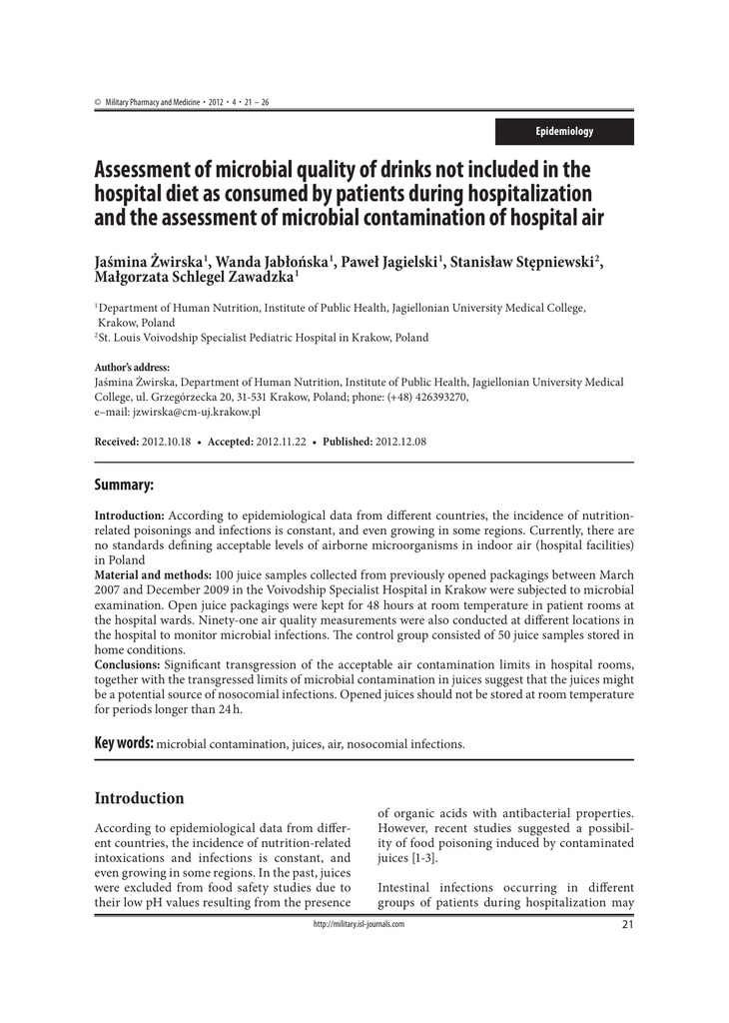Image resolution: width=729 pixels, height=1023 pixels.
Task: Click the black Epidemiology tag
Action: (564, 132)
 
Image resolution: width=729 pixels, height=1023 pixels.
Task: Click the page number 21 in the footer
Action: (627, 924)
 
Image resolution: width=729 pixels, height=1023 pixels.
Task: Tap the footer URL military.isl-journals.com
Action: (359, 924)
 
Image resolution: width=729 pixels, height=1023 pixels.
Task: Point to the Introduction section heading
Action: (139, 798)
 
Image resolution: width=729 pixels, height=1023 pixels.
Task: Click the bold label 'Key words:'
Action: (125, 743)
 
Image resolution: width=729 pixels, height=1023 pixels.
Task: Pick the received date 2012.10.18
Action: (166, 442)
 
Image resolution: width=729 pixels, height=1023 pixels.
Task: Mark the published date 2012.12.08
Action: (400, 442)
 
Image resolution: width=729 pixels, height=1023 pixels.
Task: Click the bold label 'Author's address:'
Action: (132, 368)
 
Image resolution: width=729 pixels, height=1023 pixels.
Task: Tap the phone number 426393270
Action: (437, 397)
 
